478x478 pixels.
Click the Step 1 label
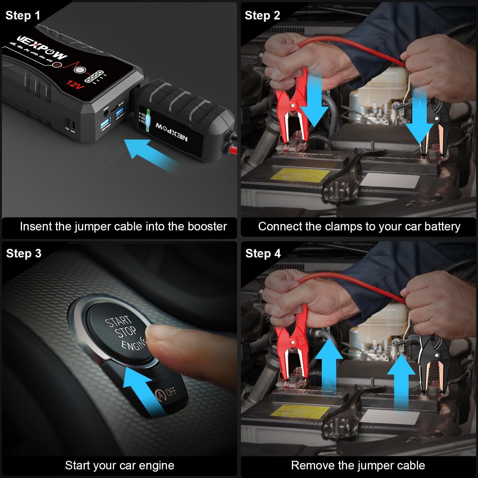pyautogui.click(x=23, y=15)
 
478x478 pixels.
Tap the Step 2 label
pyautogui.click(x=262, y=15)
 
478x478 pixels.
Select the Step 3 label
pyautogui.click(x=24, y=253)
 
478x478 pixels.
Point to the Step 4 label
pyautogui.click(x=263, y=253)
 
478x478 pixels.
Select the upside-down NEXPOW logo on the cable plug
pyautogui.click(x=172, y=133)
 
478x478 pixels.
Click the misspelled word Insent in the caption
pyautogui.click(x=36, y=226)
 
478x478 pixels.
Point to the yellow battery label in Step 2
pyautogui.click(x=303, y=175)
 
